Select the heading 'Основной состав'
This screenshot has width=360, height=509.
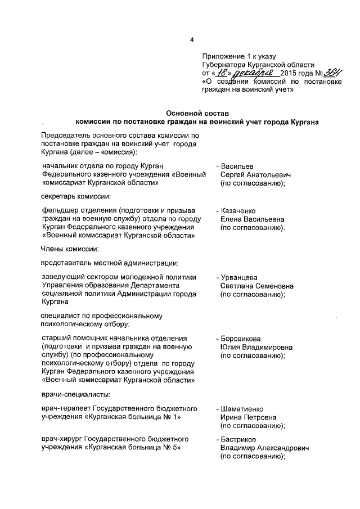[196, 114]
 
